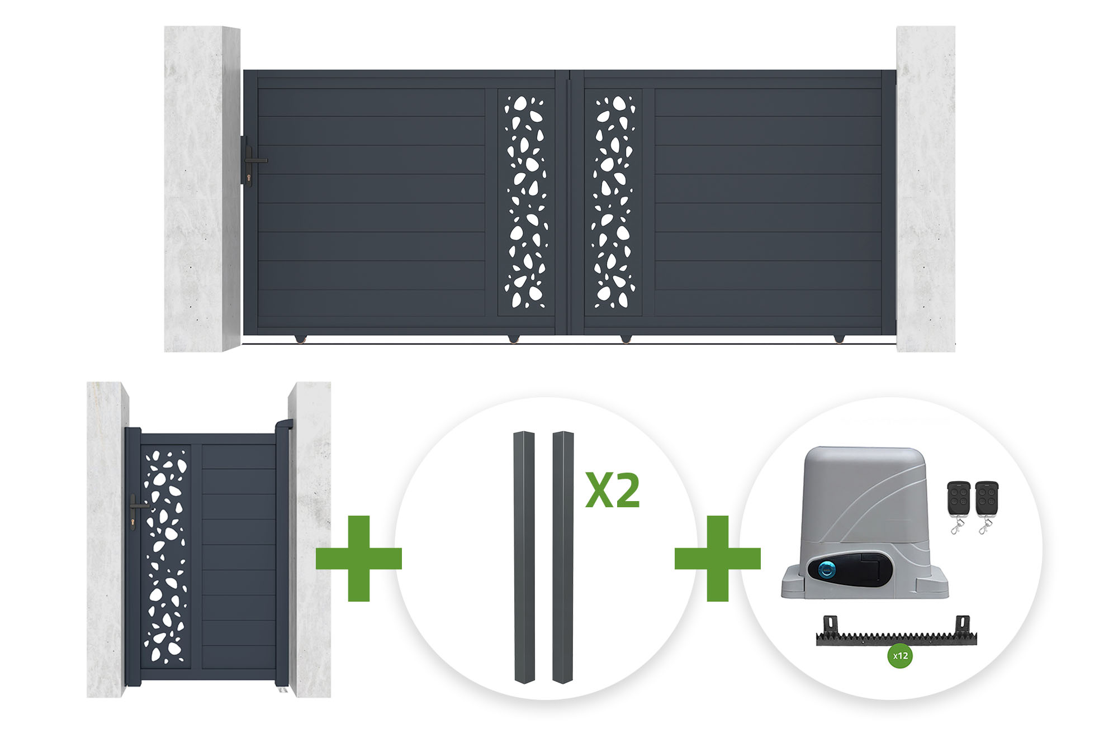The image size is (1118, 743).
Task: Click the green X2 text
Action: tap(613, 490)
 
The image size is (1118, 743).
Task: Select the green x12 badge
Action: tap(900, 656)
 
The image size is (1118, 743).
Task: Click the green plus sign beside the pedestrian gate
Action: tap(359, 558)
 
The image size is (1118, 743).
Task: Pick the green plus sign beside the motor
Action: tap(718, 558)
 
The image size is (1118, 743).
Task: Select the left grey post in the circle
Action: tap(524, 557)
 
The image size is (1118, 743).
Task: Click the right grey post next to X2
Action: tap(563, 557)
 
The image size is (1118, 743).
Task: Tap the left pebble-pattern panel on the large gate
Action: tap(525, 202)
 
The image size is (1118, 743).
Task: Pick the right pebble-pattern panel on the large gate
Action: tap(613, 202)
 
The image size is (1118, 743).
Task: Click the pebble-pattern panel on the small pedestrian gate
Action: tap(165, 556)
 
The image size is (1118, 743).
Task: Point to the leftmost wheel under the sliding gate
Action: tap(301, 339)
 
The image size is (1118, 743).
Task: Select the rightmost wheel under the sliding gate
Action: tap(839, 339)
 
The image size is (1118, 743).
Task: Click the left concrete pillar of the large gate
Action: tap(202, 189)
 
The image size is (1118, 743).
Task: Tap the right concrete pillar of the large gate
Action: tap(926, 189)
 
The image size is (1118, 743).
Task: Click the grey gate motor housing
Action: tap(864, 522)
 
